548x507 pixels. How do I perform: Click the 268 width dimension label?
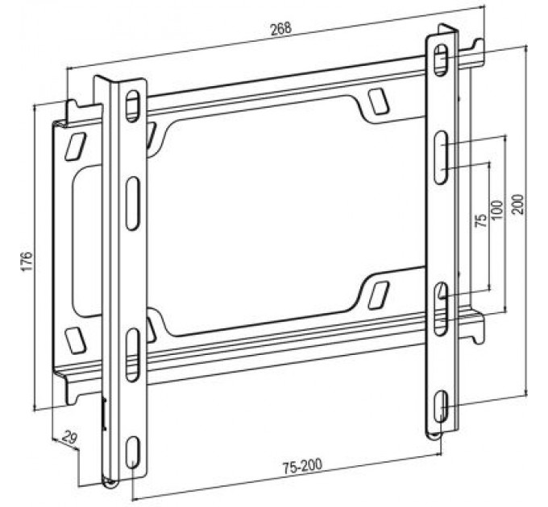click(280, 29)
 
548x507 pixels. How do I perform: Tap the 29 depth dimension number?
click(68, 439)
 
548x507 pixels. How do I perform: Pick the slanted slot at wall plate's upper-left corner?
click(74, 146)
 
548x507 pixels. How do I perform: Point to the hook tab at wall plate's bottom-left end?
click(74, 392)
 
